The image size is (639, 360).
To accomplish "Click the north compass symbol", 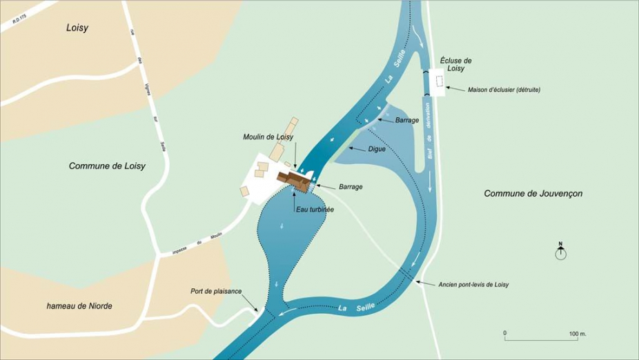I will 561,253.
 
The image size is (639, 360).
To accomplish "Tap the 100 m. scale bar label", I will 578,334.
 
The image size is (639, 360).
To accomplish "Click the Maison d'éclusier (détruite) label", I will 504,90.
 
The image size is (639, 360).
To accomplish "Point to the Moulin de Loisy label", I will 268,137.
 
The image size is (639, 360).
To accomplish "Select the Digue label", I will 377,149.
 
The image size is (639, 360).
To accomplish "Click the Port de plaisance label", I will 216,291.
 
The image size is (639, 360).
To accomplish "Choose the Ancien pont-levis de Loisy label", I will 473,285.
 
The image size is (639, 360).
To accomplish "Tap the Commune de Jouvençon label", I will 533,194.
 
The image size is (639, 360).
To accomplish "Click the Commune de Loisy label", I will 107,166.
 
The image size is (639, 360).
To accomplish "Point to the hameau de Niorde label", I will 79,306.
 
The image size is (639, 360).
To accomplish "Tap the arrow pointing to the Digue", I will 357,148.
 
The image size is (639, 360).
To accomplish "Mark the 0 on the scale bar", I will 505,334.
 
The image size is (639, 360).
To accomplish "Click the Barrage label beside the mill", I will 351,187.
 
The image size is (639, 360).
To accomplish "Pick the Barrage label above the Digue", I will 407,120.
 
